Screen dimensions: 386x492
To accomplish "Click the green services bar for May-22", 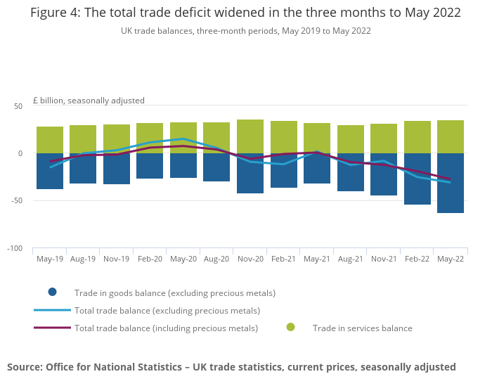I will (451, 136).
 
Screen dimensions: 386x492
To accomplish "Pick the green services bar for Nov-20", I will (250, 136).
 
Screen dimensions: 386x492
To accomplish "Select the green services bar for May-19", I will (50, 139).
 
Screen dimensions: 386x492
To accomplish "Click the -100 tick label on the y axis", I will (15, 249).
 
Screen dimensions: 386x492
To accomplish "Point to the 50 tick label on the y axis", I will (18, 106).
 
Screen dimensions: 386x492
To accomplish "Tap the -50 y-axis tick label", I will (16, 201).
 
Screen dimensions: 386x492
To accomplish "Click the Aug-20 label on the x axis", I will (216, 259).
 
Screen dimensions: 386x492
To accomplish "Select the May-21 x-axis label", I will (317, 259).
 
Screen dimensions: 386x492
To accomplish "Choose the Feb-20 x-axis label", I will (150, 259).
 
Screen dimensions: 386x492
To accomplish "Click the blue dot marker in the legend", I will (52, 292).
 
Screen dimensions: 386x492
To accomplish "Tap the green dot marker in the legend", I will (290, 328).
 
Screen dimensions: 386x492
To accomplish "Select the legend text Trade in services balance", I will (362, 328).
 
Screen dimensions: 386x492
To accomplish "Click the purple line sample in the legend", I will (52, 328).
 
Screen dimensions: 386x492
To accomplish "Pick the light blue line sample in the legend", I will (52, 310).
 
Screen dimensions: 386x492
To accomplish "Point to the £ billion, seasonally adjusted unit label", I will (89, 101).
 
